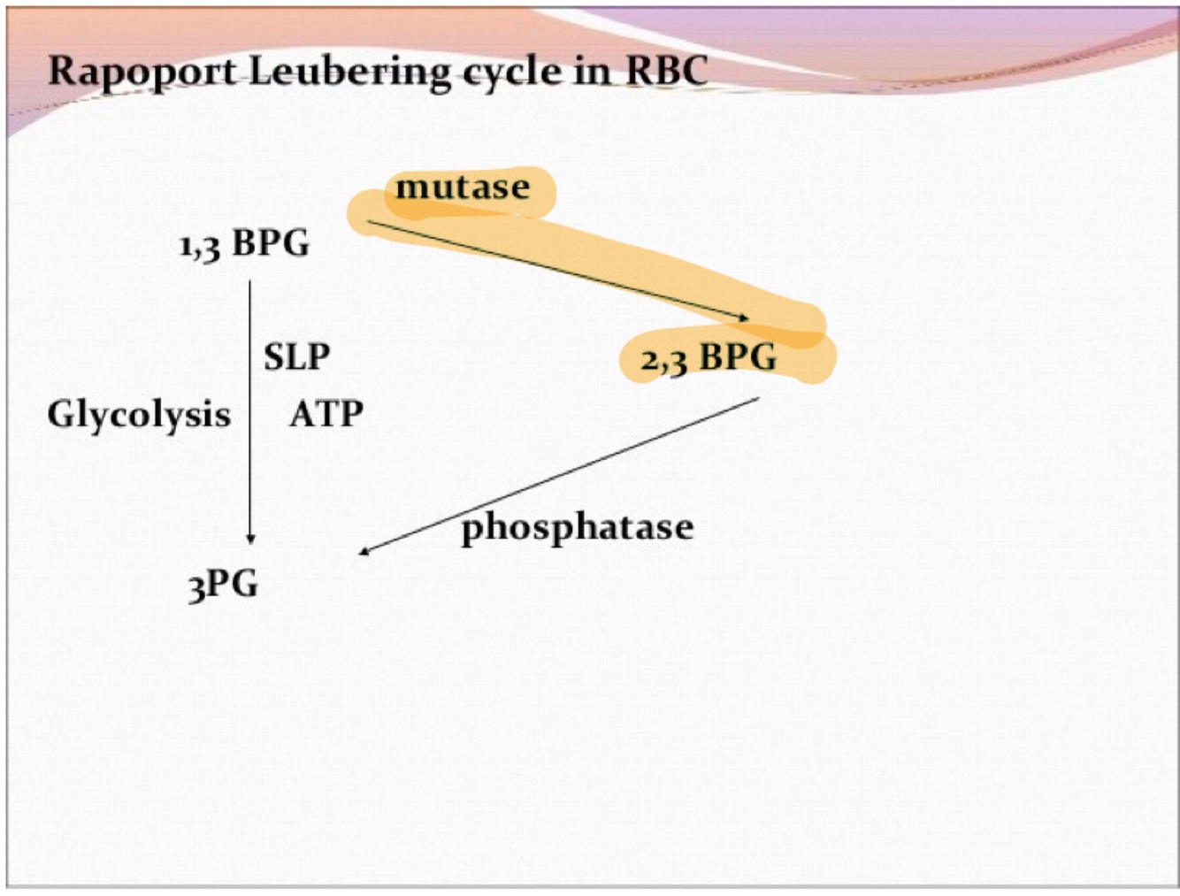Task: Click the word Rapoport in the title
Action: (x=142, y=72)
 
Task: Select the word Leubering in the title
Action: (x=349, y=72)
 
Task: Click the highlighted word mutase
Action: (x=463, y=188)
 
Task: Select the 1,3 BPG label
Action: (x=245, y=243)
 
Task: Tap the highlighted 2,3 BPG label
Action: (x=709, y=358)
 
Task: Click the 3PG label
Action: (x=223, y=585)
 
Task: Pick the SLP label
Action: (x=296, y=357)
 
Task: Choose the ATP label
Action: (x=326, y=414)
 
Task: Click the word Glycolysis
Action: (x=139, y=414)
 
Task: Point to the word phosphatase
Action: (x=577, y=527)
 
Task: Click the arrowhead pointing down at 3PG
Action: (x=250, y=538)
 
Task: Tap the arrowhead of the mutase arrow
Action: (x=743, y=317)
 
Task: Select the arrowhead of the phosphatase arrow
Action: (x=364, y=551)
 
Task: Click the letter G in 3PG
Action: (x=244, y=584)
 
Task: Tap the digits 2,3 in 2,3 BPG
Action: (x=663, y=360)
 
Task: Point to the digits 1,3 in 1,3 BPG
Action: (x=200, y=245)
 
